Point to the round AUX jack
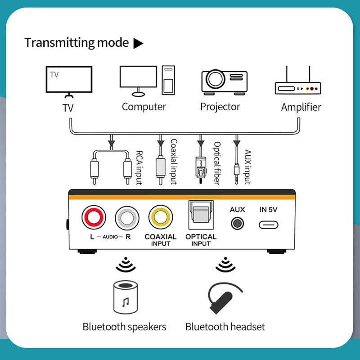237,223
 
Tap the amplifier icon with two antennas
297,83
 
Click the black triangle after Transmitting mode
138,44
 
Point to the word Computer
144,107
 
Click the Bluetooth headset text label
225,327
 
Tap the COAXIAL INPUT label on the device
161,240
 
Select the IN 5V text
269,210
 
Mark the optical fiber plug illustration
200,169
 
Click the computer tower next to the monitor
168,81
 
